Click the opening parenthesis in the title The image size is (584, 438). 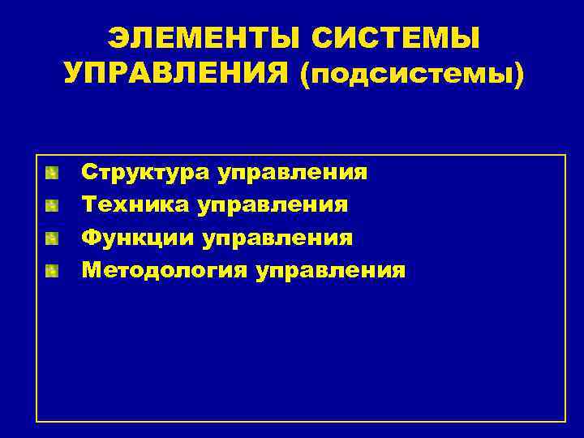(305, 75)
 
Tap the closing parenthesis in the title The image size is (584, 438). (519, 75)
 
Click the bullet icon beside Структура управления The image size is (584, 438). (52, 173)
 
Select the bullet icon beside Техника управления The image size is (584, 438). (52, 205)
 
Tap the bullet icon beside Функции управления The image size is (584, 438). (52, 238)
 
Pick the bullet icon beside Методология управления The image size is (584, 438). (52, 270)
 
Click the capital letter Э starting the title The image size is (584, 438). (118, 37)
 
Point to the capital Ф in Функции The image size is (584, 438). (90, 238)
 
